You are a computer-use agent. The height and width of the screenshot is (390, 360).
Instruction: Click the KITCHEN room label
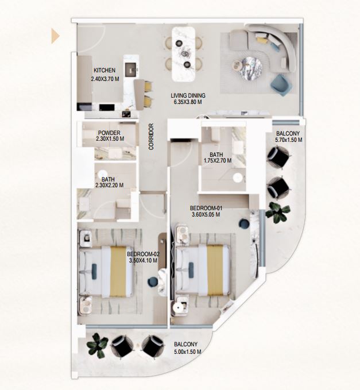click(104, 71)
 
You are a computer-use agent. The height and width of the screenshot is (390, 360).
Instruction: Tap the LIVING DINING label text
click(188, 95)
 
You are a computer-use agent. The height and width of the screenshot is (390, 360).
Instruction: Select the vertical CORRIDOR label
click(151, 137)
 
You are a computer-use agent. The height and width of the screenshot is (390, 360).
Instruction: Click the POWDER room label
click(109, 133)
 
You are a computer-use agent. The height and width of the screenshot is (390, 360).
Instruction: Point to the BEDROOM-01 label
click(206, 208)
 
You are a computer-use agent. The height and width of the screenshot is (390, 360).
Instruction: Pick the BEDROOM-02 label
click(143, 254)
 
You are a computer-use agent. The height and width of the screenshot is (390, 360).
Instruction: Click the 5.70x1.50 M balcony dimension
click(289, 140)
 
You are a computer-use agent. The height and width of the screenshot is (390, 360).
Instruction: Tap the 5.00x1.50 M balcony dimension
click(188, 352)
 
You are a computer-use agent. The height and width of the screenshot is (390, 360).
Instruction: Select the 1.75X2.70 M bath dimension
click(218, 161)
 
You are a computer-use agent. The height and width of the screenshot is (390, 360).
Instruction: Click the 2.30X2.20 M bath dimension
click(110, 185)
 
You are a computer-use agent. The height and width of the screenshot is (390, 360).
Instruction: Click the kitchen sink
click(130, 69)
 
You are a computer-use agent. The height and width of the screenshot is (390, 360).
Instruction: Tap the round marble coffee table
click(250, 69)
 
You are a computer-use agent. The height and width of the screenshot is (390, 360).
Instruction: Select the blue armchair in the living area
click(281, 85)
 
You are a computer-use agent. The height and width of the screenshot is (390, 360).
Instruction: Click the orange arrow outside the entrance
click(55, 36)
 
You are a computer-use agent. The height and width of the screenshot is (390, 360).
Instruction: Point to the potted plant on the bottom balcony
click(97, 346)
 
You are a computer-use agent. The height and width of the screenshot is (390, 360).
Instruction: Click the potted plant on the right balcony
click(277, 213)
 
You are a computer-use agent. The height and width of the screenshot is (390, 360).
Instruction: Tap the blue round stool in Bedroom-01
click(244, 223)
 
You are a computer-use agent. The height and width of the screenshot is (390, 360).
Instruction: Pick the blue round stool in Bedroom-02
click(153, 282)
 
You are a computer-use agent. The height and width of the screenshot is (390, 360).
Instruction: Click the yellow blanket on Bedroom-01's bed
click(215, 270)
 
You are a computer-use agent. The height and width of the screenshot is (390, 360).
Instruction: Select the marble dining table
click(184, 54)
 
